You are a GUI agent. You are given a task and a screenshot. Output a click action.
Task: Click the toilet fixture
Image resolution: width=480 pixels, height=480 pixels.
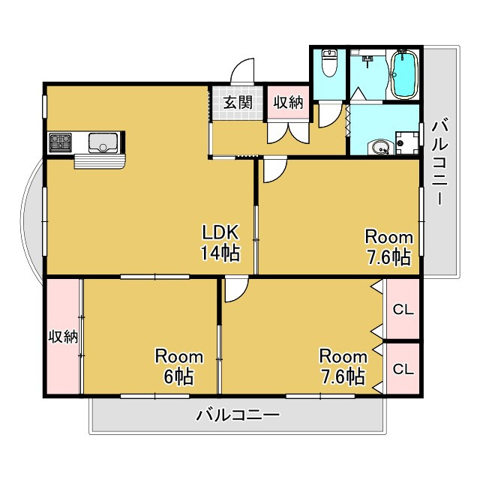(328, 67)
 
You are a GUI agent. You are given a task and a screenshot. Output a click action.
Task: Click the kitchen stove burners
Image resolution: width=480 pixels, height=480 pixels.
(61, 141)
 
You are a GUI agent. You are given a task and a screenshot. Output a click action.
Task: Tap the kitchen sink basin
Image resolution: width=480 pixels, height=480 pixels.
(100, 141)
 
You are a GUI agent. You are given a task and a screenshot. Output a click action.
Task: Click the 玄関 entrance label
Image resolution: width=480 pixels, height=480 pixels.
(236, 103)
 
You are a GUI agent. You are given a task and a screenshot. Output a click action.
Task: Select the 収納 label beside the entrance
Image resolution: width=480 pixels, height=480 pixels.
(288, 103)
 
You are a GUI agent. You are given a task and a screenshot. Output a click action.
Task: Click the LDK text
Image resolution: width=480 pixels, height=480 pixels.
(218, 232)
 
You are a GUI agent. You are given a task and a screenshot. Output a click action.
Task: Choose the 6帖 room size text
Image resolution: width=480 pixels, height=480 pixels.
(179, 376)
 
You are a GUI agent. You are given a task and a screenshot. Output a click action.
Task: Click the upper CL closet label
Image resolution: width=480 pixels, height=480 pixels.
(403, 308)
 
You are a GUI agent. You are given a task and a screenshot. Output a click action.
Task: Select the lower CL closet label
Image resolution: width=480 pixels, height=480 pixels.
(403, 369)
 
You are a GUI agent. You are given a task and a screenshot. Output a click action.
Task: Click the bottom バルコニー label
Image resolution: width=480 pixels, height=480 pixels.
(238, 415)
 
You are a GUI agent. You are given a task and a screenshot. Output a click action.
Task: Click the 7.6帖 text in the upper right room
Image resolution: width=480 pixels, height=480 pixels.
(388, 257)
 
